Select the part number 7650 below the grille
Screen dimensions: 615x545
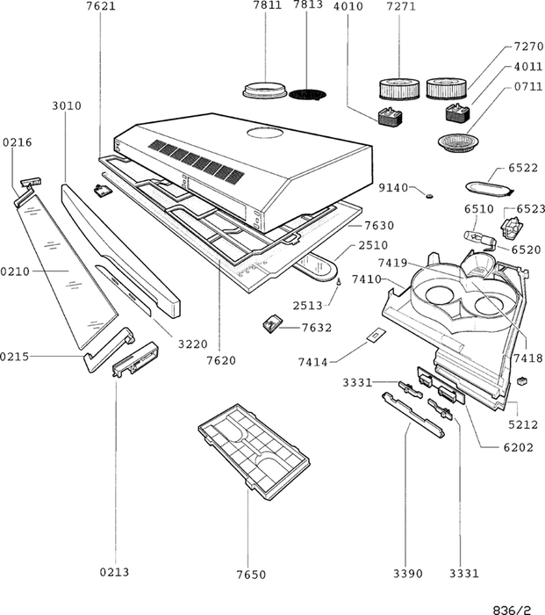point(250,574)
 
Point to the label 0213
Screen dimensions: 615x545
point(114,572)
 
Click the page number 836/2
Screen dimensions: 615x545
point(513,607)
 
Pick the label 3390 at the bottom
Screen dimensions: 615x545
point(407,574)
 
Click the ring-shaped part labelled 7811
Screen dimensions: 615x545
point(263,90)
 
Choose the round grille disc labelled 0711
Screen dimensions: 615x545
point(458,141)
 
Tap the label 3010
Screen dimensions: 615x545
point(67,105)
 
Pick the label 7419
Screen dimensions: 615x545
point(392,263)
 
